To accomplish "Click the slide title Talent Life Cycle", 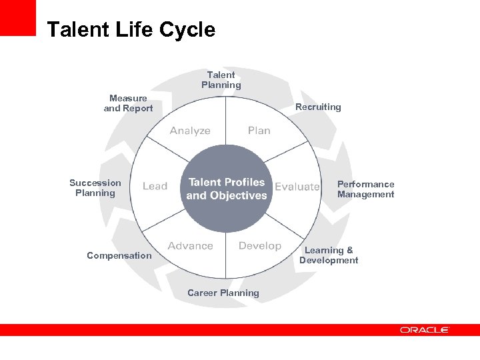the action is pos(131,30).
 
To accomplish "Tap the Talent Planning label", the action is pos(221,80).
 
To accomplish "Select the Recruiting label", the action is pos(318,107).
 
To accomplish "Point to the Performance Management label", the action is pos(365,189).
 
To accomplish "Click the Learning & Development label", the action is pos(329,255).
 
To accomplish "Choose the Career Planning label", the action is pos(223,293).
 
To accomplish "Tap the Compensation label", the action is pos(119,255).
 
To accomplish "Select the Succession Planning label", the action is pos(95,188).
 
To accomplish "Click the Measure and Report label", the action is pos(128,103).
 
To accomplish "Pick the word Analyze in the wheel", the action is pos(190,131).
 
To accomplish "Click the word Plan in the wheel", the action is pos(259,131).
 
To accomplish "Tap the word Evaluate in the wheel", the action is pos(297,187).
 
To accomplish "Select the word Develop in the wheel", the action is pos(260,246).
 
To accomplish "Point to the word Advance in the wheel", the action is pos(191,246).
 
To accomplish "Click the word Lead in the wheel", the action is pos(155,187).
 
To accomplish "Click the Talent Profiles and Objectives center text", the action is pos(227,189).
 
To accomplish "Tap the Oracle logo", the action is pos(425,329).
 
